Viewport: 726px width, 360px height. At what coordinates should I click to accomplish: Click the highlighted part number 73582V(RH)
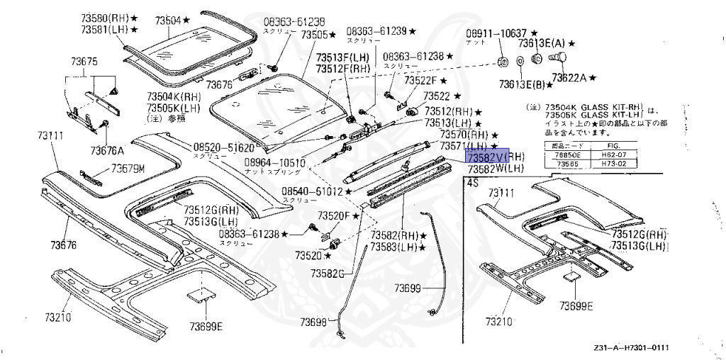494,157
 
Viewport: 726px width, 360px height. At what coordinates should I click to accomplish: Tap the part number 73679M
127,169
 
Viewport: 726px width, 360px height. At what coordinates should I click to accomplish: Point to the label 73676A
106,150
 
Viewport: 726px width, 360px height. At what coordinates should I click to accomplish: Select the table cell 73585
567,163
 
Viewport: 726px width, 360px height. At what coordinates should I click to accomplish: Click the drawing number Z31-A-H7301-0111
632,348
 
